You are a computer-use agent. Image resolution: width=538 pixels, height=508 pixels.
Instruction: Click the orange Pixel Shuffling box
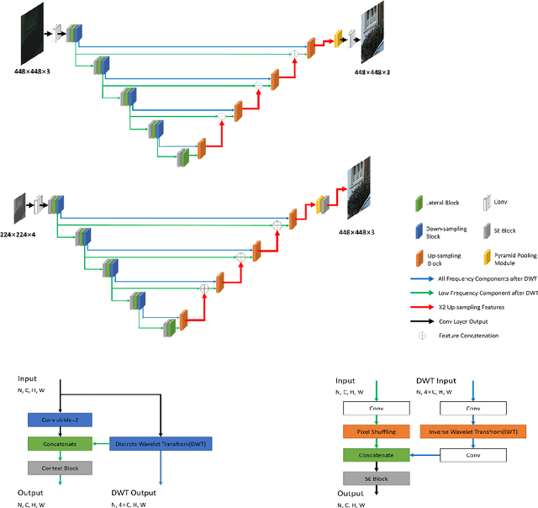377,431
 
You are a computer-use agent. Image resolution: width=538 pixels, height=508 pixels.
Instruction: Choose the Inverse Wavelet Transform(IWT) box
473,431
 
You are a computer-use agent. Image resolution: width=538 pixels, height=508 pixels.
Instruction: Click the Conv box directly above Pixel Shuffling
377,408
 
